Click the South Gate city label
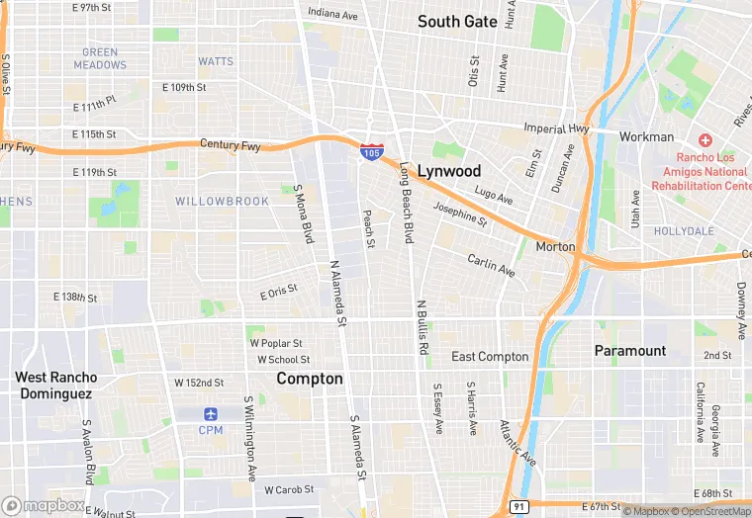click(456, 21)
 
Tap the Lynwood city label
click(448, 170)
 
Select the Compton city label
click(310, 379)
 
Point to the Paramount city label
click(629, 351)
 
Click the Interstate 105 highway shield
click(371, 151)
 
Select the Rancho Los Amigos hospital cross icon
click(705, 141)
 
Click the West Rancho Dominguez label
click(55, 385)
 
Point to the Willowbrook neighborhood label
click(222, 202)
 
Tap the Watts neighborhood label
click(215, 61)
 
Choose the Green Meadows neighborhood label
click(100, 58)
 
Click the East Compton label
click(490, 357)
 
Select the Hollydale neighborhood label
click(683, 231)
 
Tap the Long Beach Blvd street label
click(405, 204)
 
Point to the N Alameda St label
click(338, 293)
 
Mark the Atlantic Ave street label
click(517, 443)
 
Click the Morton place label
click(555, 246)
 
